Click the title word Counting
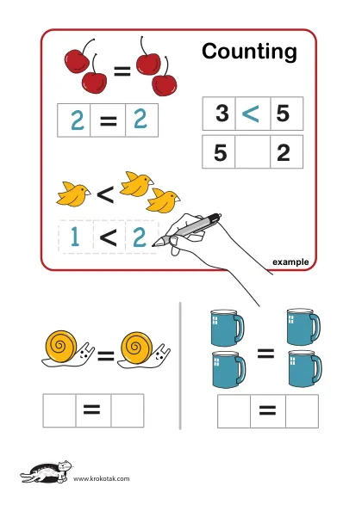[249, 52]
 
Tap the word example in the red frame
[290, 262]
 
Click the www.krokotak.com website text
[101, 478]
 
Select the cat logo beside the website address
[46, 472]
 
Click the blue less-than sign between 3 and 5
[251, 113]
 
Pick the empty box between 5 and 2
[253, 152]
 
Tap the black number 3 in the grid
[222, 113]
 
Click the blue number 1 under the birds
[75, 236]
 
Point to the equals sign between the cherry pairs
[122, 71]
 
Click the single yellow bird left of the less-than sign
[73, 194]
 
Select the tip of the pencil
[153, 245]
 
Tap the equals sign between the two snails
[106, 356]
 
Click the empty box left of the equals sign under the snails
[59, 410]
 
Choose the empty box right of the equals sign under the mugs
[302, 411]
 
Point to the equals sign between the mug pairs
[265, 354]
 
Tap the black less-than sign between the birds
[106, 194]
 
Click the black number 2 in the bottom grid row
[283, 152]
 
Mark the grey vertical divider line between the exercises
[180, 366]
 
